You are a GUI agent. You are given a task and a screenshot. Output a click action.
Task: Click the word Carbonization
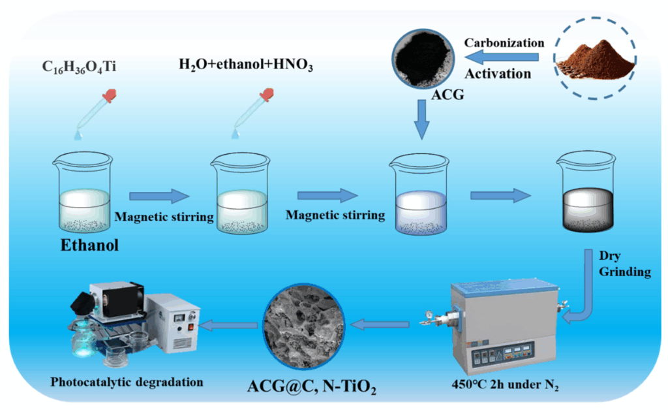point(504,43)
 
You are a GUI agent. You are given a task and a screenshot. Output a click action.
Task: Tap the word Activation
point(498,74)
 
